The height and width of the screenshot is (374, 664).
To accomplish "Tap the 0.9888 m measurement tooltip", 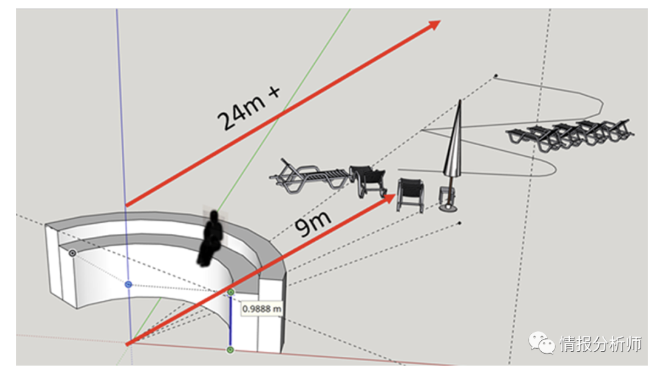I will point(261,308).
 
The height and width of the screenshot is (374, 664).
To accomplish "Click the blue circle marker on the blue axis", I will point(128,284).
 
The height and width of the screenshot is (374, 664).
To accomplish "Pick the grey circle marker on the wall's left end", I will point(73,253).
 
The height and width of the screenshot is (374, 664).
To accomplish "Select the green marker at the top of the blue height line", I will point(231,292).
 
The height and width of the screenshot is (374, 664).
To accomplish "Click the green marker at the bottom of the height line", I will point(230,350).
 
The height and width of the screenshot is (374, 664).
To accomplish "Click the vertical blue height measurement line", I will point(230,321).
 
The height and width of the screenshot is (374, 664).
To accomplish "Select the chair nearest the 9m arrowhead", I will point(411,194).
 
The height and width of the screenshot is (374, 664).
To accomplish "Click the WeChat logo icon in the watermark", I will point(541,342).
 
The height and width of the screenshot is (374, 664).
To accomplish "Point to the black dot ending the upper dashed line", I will point(496,76).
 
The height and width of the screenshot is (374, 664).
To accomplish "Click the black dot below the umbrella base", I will point(459,223).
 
